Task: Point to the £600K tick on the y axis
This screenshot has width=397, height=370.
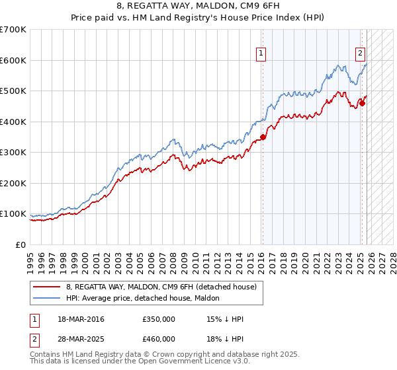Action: (13, 60)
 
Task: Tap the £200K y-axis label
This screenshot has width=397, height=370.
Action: (13, 184)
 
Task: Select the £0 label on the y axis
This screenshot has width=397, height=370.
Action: (20, 245)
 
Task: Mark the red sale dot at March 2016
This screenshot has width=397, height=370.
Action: (263, 137)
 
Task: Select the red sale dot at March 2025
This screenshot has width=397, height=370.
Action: (362, 103)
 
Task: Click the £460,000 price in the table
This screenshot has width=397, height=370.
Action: (159, 338)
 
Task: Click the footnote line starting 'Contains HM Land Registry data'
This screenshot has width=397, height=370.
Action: (156, 355)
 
